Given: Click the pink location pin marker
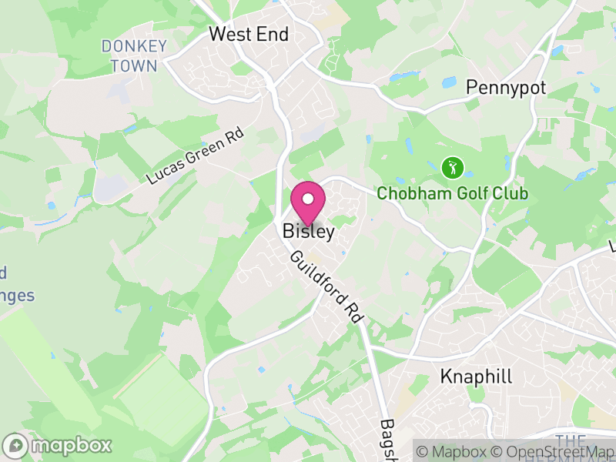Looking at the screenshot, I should click(308, 203).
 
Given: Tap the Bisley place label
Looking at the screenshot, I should click(308, 231).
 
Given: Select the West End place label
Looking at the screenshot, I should click(249, 35).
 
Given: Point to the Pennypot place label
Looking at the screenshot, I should click(507, 88).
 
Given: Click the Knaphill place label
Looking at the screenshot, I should click(476, 377).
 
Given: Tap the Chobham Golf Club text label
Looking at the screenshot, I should click(452, 192).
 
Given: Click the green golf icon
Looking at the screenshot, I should click(452, 166).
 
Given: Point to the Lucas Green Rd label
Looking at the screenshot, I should click(196, 158).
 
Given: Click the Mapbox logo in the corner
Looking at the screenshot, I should click(59, 445).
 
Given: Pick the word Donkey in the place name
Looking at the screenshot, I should click(133, 47).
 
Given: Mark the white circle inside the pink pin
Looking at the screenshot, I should click(308, 199).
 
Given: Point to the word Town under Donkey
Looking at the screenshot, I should click(133, 66).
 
